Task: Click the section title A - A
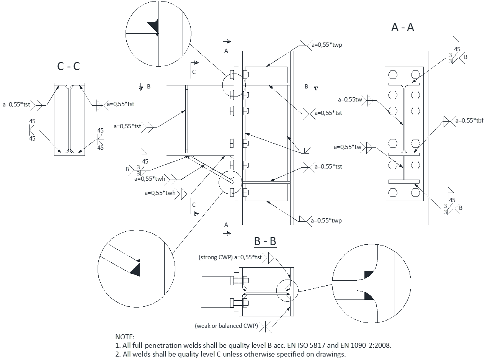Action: coord(403,28)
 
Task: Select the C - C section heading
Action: coord(69,66)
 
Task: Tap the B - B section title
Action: coord(265,241)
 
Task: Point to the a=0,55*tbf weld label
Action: coord(470,121)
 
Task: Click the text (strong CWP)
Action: coord(216,257)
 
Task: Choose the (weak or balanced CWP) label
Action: coord(226,326)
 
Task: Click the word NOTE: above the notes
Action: coord(125,337)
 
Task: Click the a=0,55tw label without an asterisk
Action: coord(350,100)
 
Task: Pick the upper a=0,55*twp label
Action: coord(327,45)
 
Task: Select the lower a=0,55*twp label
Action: coord(326,221)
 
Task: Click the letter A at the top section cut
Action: coord(226,51)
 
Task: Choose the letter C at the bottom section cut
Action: coord(194,205)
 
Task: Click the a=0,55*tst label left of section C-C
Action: coord(16,104)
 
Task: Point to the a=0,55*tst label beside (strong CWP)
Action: coord(248,257)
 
